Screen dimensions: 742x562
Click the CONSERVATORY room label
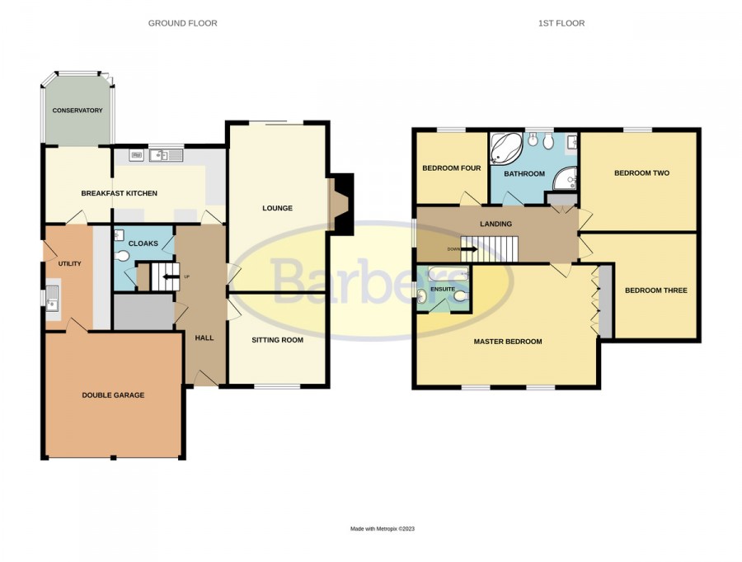[77, 111]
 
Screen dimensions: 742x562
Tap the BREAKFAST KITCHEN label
[120, 193]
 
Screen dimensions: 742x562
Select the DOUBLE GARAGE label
[113, 395]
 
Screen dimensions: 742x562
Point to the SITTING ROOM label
[277, 340]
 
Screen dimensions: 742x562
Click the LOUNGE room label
[277, 208]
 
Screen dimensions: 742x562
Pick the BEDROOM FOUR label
[452, 168]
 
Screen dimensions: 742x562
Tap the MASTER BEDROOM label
[508, 342]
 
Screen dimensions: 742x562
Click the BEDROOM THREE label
[656, 290]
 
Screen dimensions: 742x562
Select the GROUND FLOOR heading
[183, 23]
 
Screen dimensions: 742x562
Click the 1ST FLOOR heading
[561, 23]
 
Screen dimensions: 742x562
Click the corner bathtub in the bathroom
[505, 148]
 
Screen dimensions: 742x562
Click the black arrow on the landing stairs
[469, 248]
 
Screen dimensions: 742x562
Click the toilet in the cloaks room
[122, 257]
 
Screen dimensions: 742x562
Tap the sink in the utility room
[52, 298]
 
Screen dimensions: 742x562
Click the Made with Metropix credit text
[383, 529]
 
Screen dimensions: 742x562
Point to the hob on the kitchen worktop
[137, 155]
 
